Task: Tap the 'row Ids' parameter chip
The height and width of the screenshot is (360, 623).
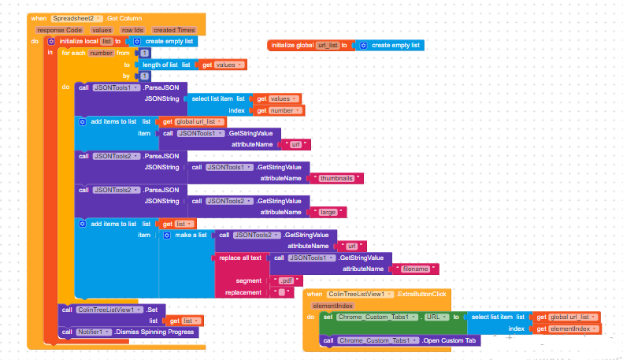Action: pos(132,29)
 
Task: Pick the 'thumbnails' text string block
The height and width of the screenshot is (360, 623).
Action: pos(336,179)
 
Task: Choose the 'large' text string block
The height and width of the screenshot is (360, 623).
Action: pos(328,212)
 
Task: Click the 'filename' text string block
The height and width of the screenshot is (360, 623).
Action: pos(414,269)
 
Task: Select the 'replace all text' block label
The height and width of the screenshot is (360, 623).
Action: pos(240,258)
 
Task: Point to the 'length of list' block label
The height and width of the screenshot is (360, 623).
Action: pos(165,65)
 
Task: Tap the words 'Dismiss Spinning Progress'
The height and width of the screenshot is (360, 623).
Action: pos(158,332)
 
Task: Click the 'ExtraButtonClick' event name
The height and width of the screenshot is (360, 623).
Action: pos(422,294)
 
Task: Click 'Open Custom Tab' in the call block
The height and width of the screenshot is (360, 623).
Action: pos(450,340)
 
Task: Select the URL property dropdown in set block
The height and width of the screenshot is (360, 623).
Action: pos(435,317)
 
